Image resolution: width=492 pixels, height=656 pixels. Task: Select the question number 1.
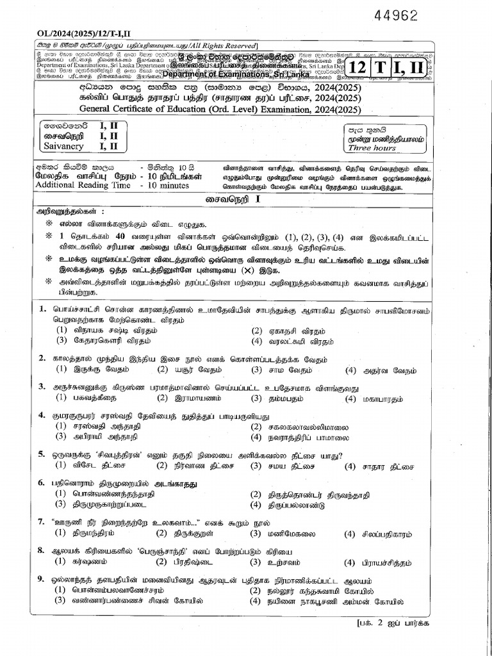(x=42, y=309)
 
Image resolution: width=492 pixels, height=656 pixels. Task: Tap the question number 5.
(x=42, y=455)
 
